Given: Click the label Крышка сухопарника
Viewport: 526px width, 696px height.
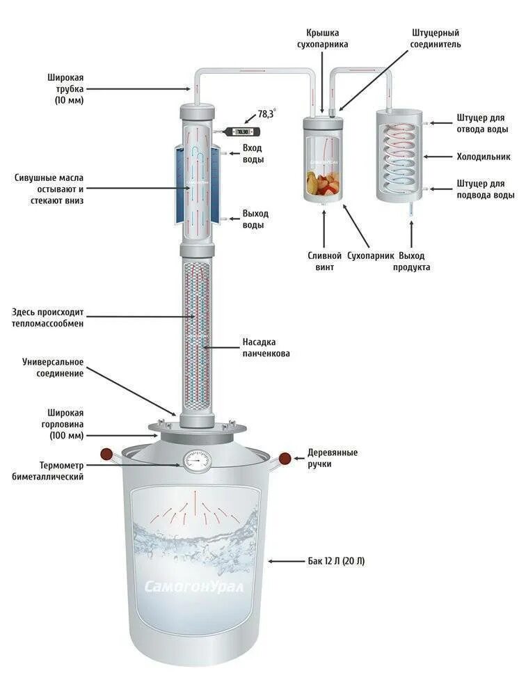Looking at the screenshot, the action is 327,38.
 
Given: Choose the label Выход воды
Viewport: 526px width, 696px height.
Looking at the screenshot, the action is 255,219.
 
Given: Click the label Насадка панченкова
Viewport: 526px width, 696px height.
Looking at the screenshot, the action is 266,347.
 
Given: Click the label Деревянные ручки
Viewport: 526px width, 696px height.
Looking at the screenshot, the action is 333,458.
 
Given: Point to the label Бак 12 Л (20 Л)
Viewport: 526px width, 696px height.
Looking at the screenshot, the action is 336,560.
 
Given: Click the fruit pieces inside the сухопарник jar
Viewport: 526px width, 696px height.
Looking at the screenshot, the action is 324,184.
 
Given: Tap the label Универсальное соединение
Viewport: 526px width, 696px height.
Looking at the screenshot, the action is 53,367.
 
